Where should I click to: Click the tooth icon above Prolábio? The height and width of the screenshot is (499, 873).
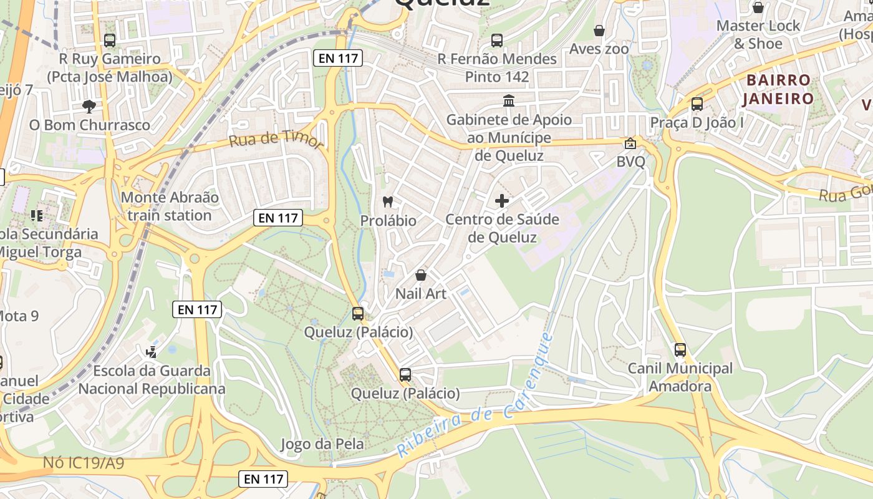[x=387, y=201]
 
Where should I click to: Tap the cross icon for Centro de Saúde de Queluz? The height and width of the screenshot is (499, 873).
[x=502, y=201]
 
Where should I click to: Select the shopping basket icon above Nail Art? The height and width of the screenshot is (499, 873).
[x=421, y=275]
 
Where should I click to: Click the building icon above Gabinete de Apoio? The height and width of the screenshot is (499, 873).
[x=509, y=100]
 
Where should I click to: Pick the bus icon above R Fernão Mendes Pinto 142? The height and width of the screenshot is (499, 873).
[x=497, y=41]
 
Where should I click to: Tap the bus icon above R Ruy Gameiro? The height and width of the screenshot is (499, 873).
[x=110, y=41]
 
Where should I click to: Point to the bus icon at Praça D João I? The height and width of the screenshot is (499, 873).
[x=697, y=104]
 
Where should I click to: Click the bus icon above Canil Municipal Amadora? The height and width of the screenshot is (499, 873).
[x=680, y=350]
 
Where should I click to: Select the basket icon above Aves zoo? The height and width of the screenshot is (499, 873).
[x=599, y=31]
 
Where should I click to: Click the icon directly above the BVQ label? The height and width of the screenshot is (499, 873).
[x=630, y=143]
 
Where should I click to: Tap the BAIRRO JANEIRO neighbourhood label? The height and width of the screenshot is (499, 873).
[x=778, y=89]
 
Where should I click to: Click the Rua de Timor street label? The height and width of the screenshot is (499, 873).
[x=276, y=140]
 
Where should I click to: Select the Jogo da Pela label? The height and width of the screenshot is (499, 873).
[x=322, y=444]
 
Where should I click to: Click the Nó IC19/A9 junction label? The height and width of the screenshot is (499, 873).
[x=84, y=463]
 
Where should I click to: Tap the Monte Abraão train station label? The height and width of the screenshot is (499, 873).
[x=170, y=206]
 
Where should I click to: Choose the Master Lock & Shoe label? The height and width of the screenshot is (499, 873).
[x=758, y=34]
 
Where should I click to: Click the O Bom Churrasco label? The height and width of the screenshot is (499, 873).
[x=90, y=125]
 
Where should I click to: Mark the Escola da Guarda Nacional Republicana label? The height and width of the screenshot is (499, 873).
[x=152, y=379]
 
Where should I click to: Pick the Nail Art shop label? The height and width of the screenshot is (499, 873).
[x=421, y=293]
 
